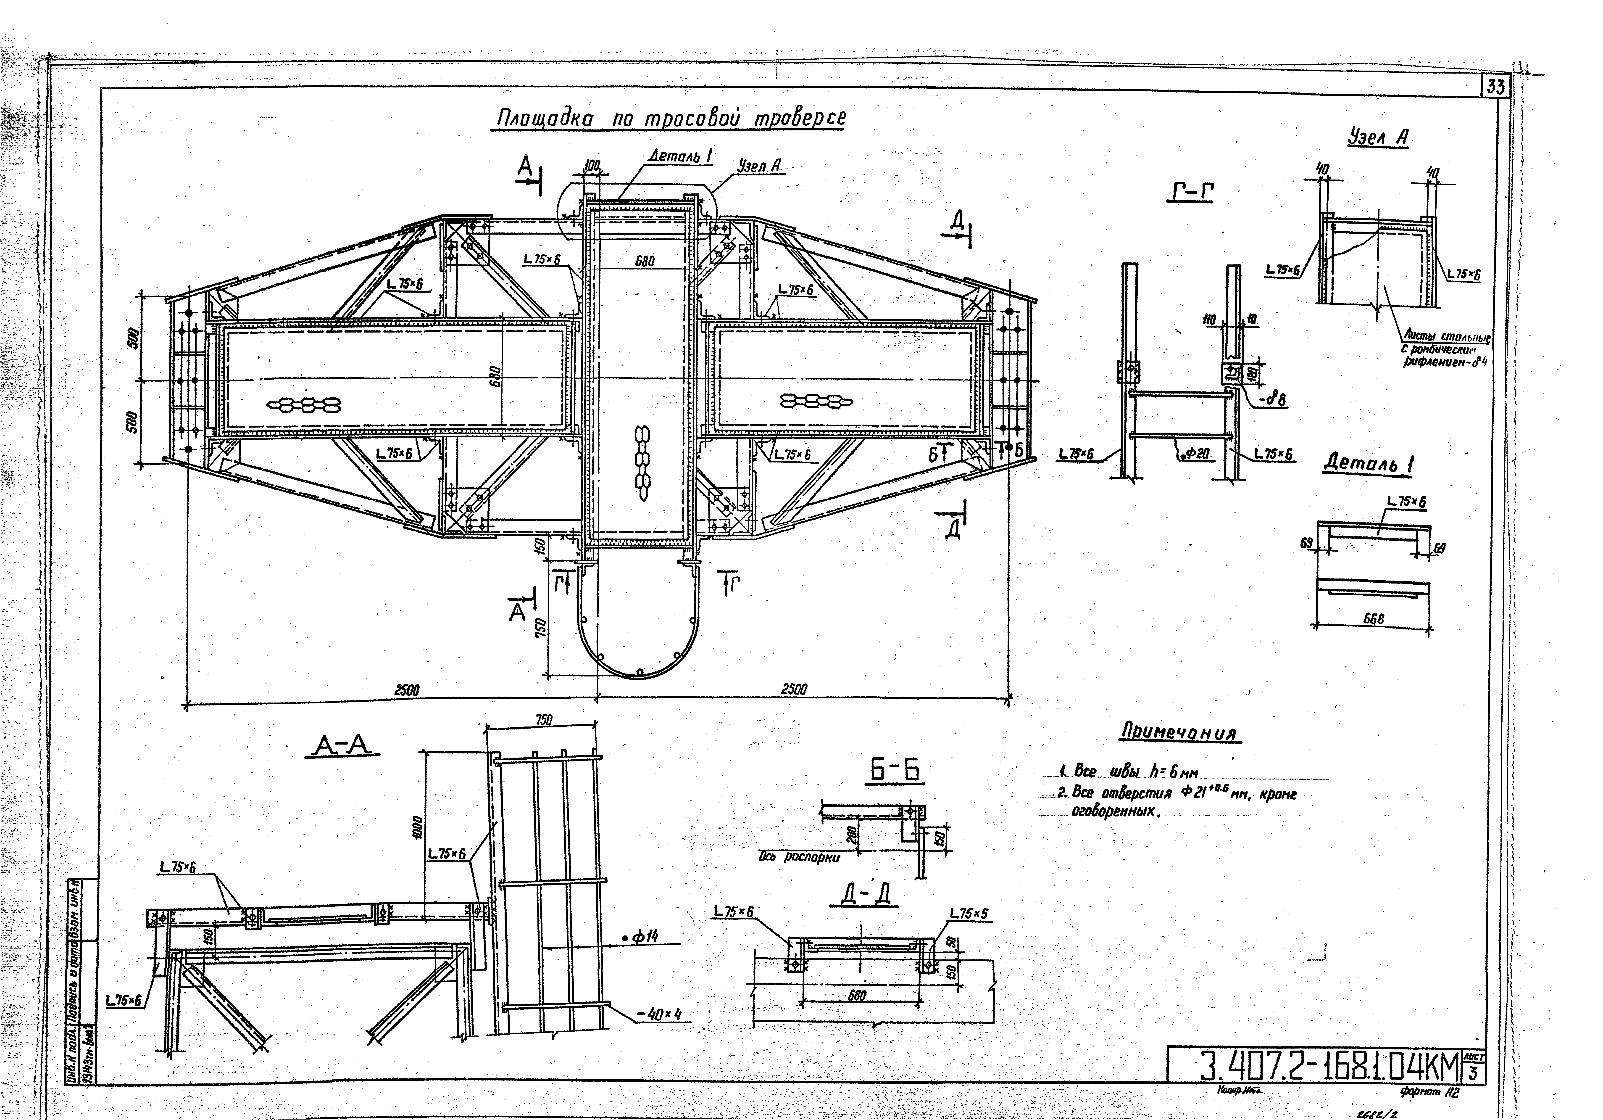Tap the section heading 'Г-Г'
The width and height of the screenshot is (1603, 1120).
pos(1190,192)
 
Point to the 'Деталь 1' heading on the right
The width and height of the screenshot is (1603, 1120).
pos(1369,463)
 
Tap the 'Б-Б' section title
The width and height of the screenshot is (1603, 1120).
pos(894,770)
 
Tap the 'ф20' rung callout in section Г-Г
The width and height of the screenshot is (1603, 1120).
pos(1198,454)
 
